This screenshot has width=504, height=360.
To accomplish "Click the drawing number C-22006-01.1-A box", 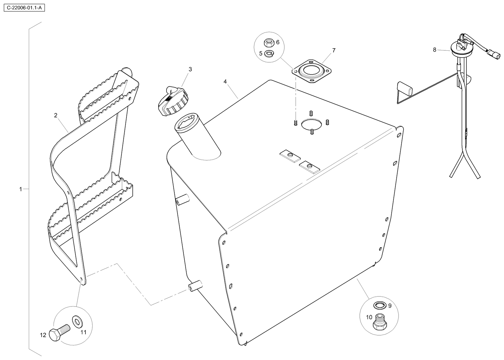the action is point(24,8).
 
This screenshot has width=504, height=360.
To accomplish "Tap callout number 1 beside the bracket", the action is point(21,189).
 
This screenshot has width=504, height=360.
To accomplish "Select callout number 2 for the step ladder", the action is point(56,115).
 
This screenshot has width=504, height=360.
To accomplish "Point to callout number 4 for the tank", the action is point(225,81).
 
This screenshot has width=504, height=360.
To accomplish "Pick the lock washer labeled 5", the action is point(268,54).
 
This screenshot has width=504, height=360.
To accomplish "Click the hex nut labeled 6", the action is point(268,42).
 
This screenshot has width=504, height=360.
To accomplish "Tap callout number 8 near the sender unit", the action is point(435,50).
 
